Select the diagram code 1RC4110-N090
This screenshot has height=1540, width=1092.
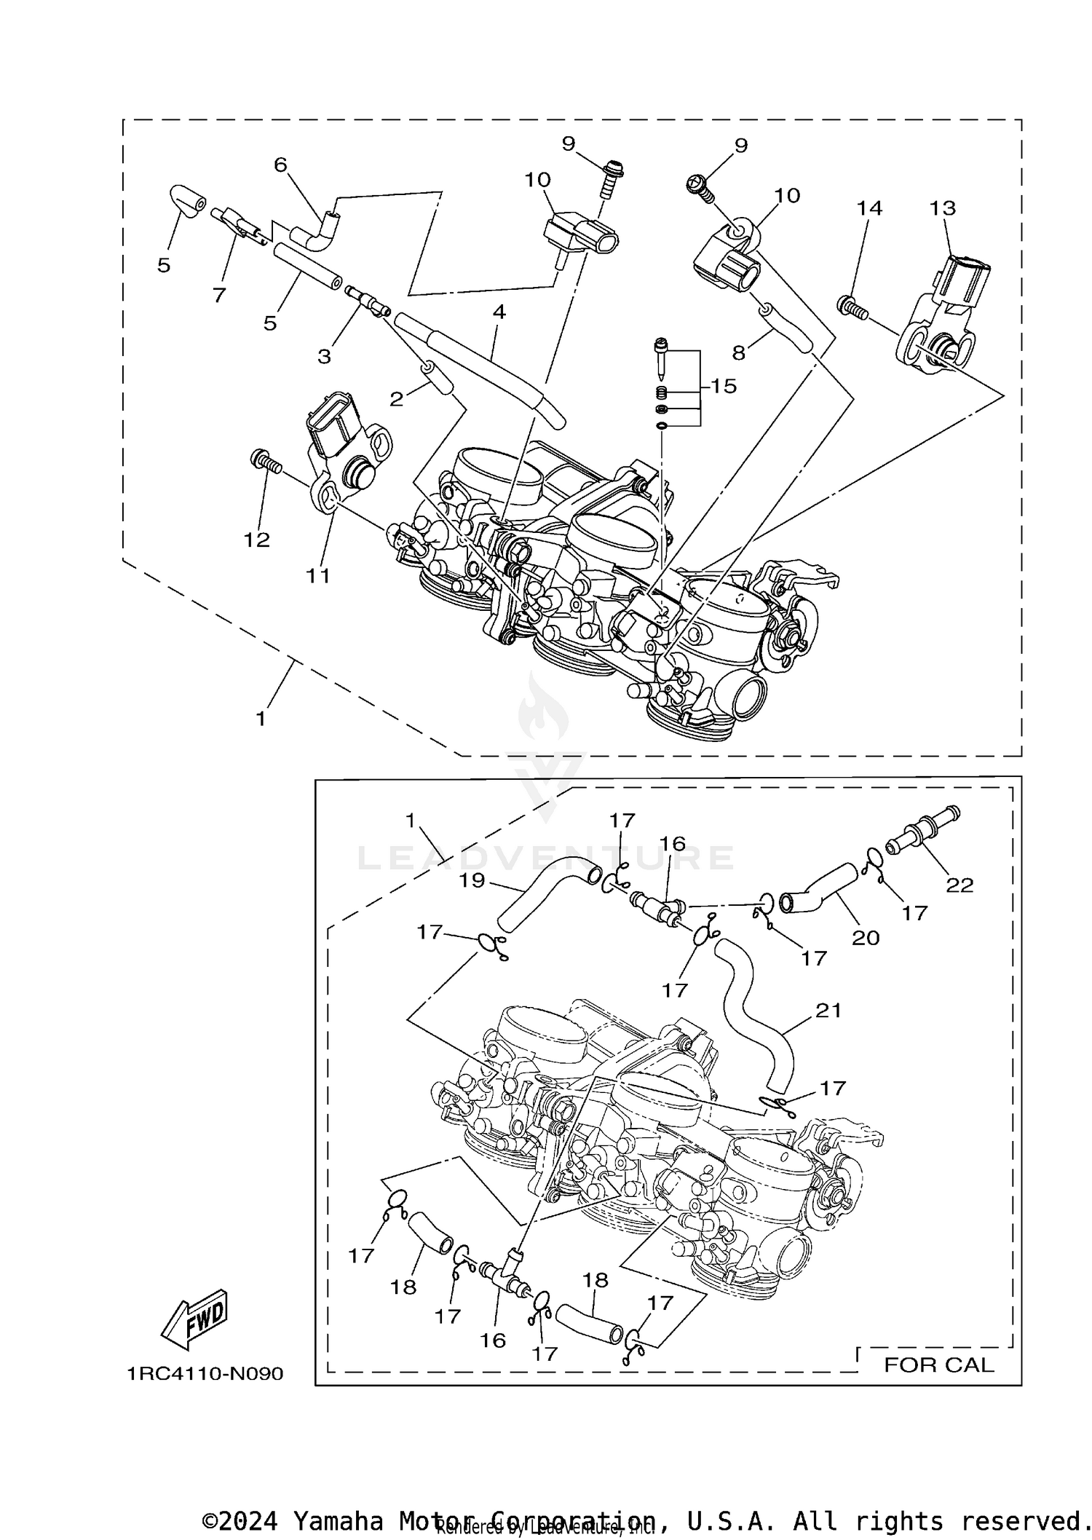tap(205, 1373)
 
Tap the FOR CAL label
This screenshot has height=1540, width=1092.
tap(938, 1365)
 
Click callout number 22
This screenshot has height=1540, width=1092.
tap(959, 885)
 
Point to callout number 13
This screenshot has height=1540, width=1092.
tap(942, 208)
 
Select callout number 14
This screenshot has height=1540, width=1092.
tap(869, 208)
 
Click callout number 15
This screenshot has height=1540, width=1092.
tap(724, 386)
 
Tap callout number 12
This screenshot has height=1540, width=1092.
tap(257, 540)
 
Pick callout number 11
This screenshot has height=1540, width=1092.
tap(317, 575)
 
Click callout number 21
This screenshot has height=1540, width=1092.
tap(828, 1010)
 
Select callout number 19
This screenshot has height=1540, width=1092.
tap(472, 880)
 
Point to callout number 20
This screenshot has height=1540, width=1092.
tap(866, 938)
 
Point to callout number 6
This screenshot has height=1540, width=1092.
tap(280, 165)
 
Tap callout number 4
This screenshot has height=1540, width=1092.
tap(499, 312)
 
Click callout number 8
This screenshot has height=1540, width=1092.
tap(739, 352)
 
